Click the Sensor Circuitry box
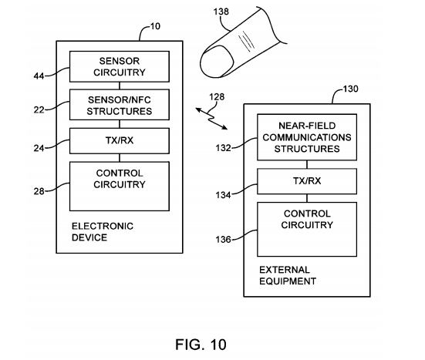click(x=120, y=66)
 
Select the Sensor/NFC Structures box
click(x=120, y=105)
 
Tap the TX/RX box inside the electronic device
click(x=120, y=141)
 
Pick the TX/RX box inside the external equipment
click(x=307, y=181)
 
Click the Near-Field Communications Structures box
click(x=307, y=137)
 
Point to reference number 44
click(x=39, y=76)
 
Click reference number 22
click(x=39, y=109)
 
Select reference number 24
click(x=39, y=148)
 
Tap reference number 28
click(x=39, y=191)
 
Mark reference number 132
click(x=223, y=148)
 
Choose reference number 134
click(x=223, y=195)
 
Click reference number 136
click(x=223, y=240)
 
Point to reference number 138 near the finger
click(x=221, y=12)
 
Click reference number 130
click(x=351, y=89)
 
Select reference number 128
click(x=217, y=97)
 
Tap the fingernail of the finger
click(x=217, y=62)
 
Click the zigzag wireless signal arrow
click(x=211, y=119)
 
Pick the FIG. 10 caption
click(x=201, y=345)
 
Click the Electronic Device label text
click(x=103, y=232)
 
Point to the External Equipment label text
click(x=288, y=275)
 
